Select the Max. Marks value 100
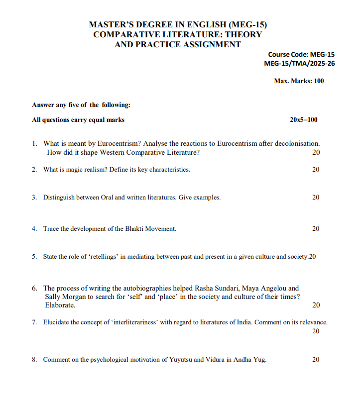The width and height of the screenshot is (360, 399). point(318,81)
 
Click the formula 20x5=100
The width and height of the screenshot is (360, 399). point(303,120)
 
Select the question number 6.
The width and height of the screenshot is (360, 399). point(34,288)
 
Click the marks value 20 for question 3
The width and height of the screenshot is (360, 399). point(316,198)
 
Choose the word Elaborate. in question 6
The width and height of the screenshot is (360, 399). point(60,305)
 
